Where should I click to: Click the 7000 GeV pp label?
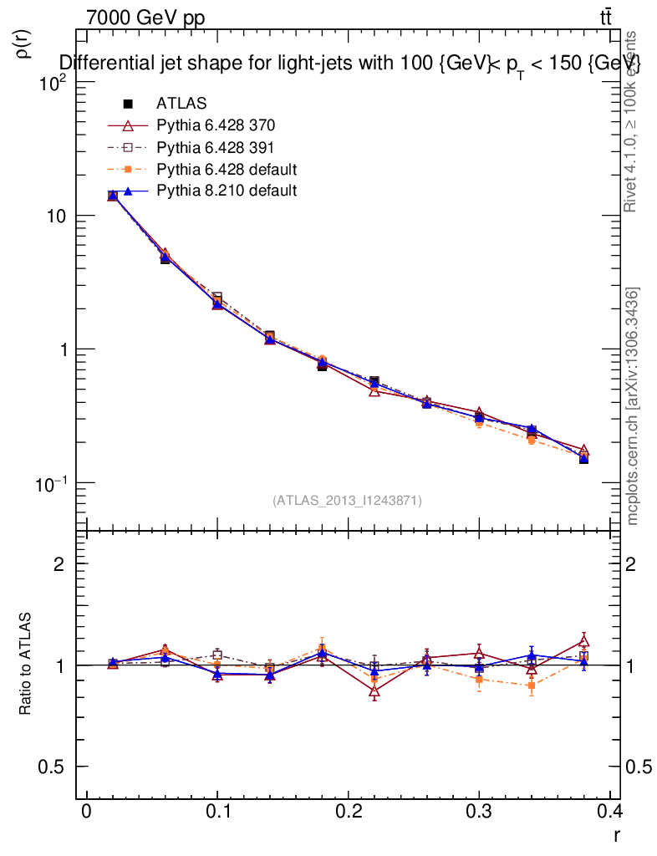click(145, 18)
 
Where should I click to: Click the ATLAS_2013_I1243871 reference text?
click(347, 501)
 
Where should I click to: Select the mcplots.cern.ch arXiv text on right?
click(633, 406)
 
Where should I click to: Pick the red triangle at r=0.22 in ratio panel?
click(374, 692)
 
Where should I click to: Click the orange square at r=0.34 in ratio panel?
click(531, 685)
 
